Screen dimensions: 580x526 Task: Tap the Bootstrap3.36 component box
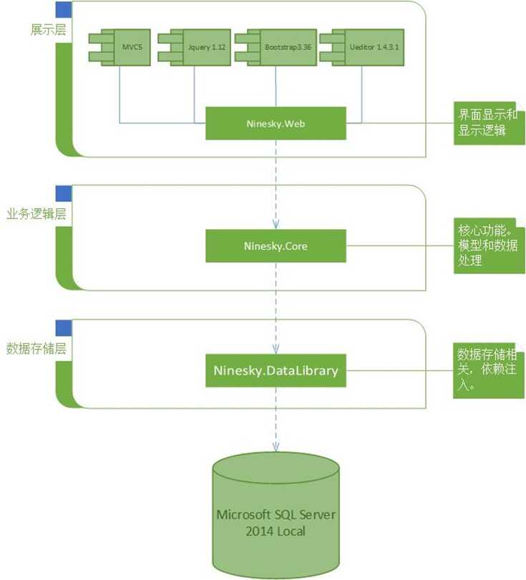pyautogui.click(x=276, y=47)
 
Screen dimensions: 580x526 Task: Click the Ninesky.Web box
pyautogui.click(x=276, y=123)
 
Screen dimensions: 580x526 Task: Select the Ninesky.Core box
pyautogui.click(x=276, y=246)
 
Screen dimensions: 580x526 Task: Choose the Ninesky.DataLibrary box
pyautogui.click(x=276, y=370)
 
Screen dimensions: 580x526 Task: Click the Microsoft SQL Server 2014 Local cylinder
pyautogui.click(x=276, y=516)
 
